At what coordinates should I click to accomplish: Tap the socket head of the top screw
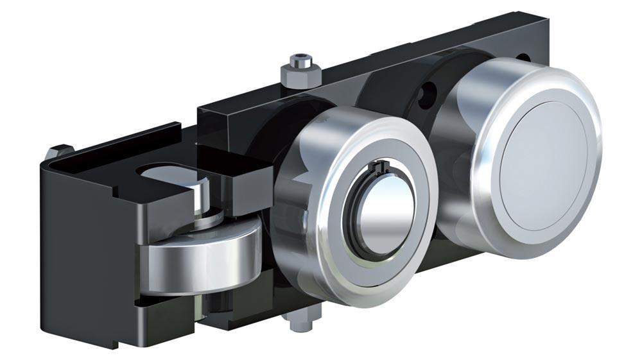[300, 62]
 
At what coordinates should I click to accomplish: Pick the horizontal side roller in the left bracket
[193, 257]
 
